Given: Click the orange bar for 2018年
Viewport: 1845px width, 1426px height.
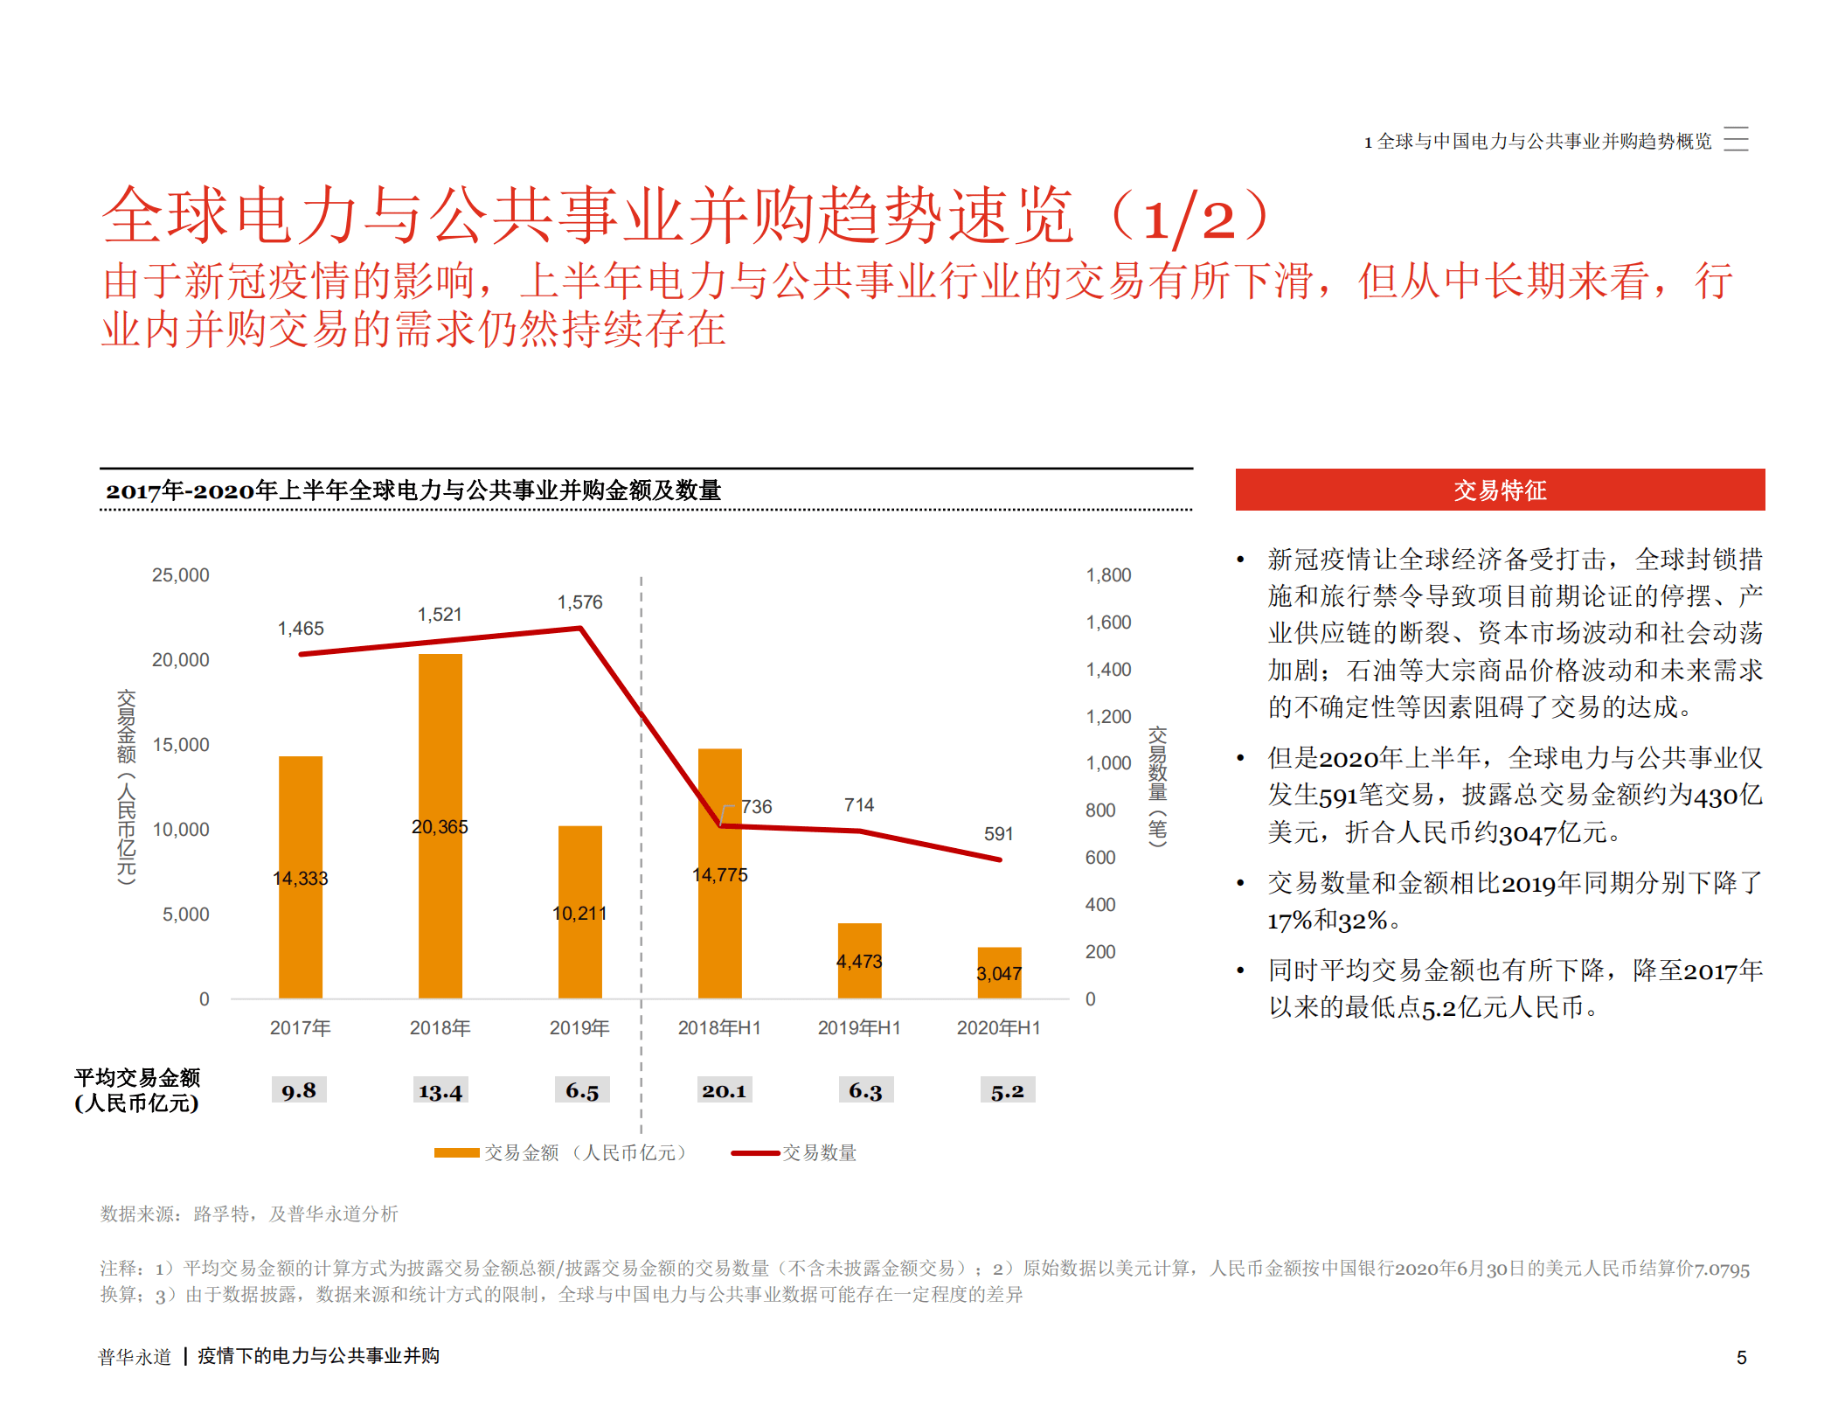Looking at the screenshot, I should pyautogui.click(x=440, y=825).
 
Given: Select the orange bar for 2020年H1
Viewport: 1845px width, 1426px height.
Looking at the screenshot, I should pyautogui.click(x=999, y=972).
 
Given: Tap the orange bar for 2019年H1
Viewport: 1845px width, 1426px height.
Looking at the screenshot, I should pyautogui.click(x=859, y=960).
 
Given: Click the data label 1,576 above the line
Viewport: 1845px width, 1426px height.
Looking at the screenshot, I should pyautogui.click(x=579, y=602).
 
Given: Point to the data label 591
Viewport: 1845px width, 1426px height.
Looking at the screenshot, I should pyautogui.click(x=998, y=833).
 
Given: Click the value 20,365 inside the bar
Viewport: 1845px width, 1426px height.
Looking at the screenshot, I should pyautogui.click(x=440, y=826).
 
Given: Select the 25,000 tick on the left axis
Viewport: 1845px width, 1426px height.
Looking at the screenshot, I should pyautogui.click(x=180, y=574).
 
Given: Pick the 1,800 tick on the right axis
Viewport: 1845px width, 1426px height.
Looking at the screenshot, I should pyautogui.click(x=1108, y=574).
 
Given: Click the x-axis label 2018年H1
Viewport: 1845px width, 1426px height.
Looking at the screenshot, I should pyautogui.click(x=718, y=1027).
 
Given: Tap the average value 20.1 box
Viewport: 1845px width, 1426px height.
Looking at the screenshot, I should pyautogui.click(x=724, y=1090).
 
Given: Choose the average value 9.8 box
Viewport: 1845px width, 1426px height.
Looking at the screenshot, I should pyautogui.click(x=299, y=1090).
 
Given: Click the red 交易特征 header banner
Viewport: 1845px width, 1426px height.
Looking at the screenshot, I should pyautogui.click(x=1499, y=490).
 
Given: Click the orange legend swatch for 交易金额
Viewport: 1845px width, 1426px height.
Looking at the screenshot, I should pyautogui.click(x=456, y=1152).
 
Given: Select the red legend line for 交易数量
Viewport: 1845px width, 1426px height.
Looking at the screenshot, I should pyautogui.click(x=755, y=1152).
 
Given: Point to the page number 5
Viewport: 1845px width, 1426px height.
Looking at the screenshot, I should pyautogui.click(x=1741, y=1357).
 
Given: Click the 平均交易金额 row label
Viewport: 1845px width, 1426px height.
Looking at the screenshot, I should pyautogui.click(x=137, y=1089).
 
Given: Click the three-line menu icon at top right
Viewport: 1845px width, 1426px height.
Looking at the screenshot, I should pyautogui.click(x=1735, y=139).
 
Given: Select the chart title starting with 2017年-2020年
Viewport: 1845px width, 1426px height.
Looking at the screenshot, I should pyautogui.click(x=413, y=490).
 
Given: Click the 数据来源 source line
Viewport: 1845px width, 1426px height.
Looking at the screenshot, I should pyautogui.click(x=249, y=1213).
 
